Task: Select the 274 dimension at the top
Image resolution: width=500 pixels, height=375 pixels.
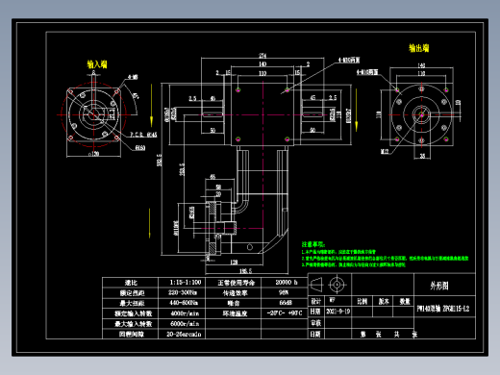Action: (x=262, y=56)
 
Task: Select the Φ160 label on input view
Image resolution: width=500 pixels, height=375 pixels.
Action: (x=139, y=149)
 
